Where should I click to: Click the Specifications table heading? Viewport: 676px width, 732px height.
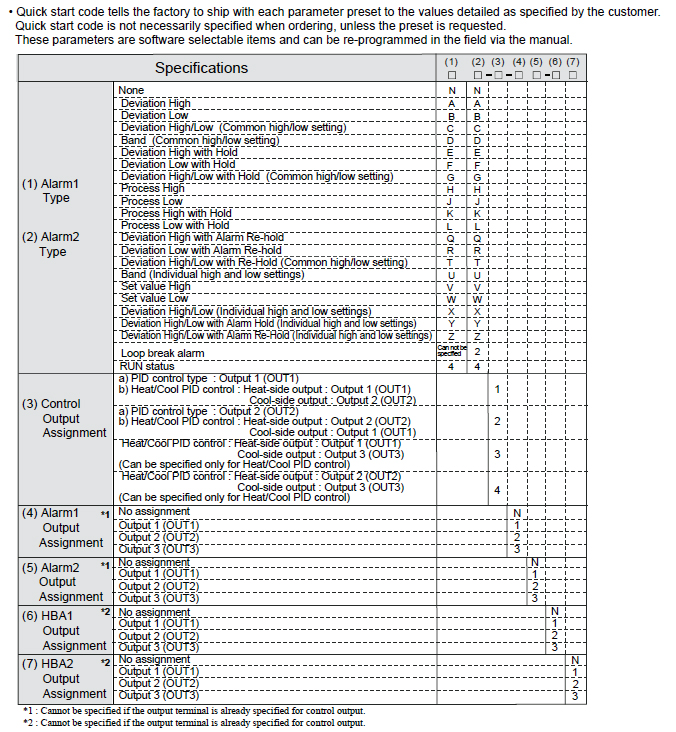point(201,68)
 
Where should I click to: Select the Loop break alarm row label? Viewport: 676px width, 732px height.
point(162,353)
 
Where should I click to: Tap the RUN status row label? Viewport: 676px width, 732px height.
point(147,366)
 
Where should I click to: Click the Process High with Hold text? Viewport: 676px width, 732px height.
point(176,213)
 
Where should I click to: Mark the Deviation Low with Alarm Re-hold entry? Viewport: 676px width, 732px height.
point(201,250)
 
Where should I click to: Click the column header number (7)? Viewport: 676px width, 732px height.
point(573,62)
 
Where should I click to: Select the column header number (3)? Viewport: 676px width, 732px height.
point(497,62)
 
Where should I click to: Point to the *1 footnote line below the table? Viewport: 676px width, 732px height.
point(193,710)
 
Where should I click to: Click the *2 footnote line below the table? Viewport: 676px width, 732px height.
point(193,722)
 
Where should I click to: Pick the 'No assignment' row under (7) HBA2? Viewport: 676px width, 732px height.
point(154,660)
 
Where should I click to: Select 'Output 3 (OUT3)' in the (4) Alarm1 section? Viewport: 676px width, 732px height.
point(159,549)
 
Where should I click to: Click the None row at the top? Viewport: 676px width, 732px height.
point(131,91)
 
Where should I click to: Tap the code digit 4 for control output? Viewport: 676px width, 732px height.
point(497,490)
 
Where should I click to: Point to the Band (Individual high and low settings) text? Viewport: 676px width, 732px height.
point(212,274)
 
